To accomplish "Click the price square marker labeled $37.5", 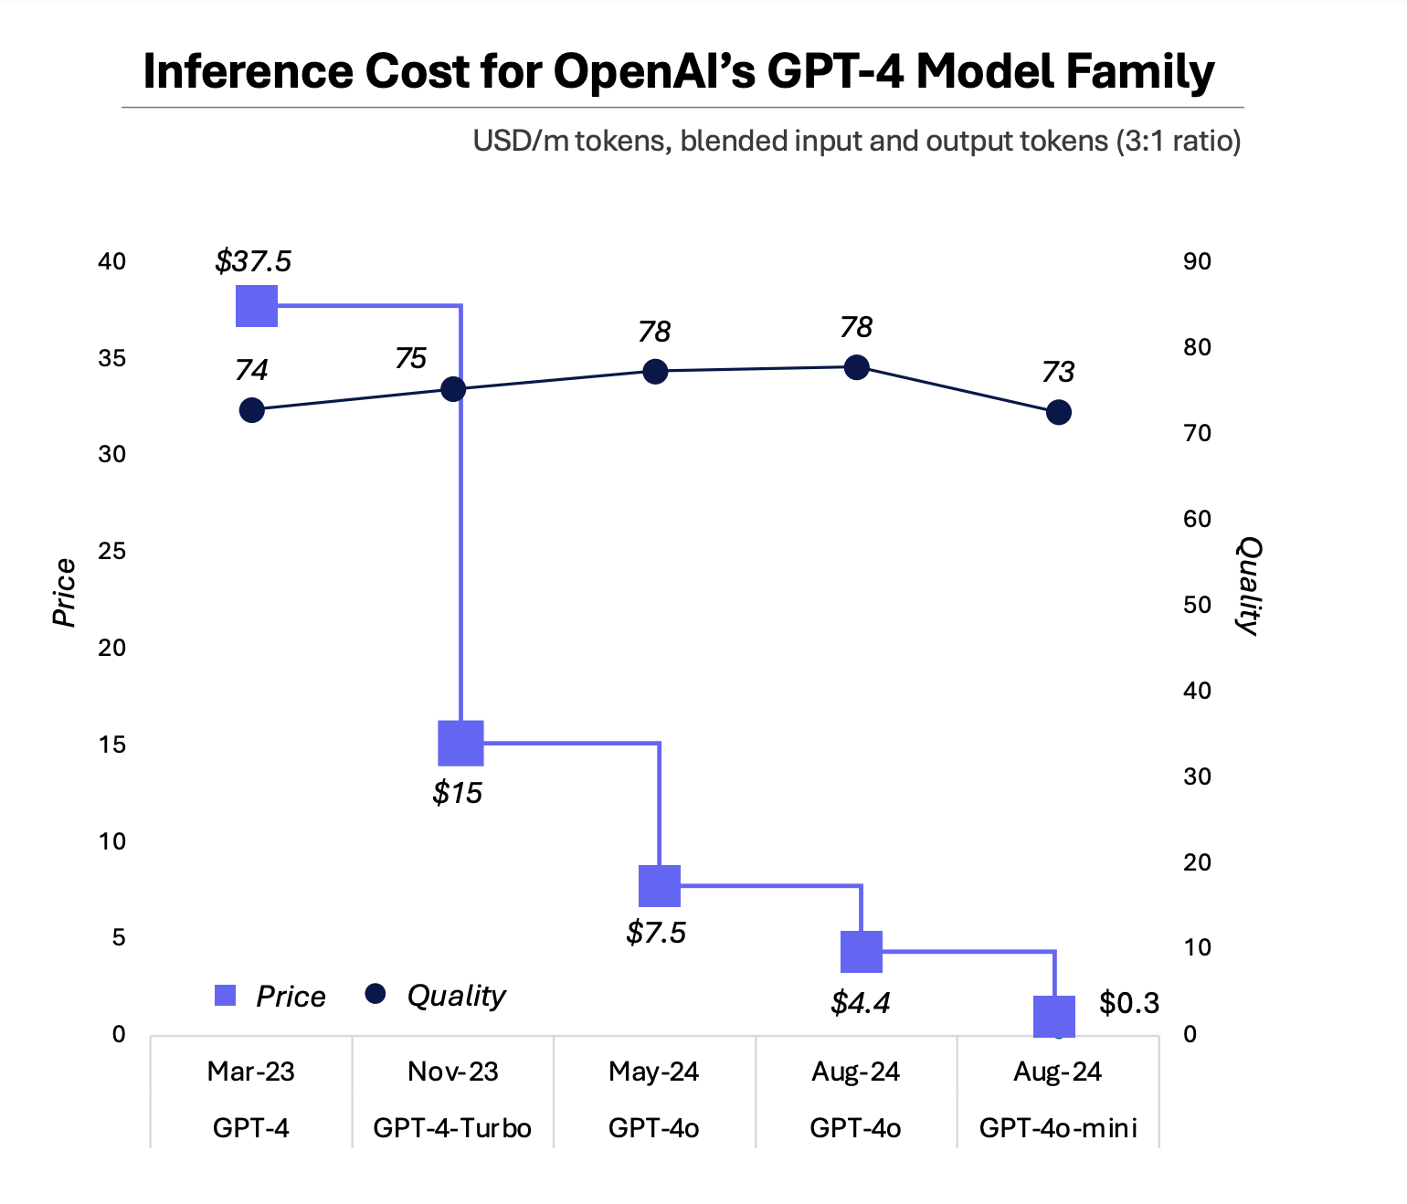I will tap(257, 305).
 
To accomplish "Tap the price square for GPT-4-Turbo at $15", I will tap(460, 743).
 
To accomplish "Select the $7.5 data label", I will tap(656, 933).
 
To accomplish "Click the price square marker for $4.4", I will tap(861, 952).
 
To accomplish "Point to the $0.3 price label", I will tap(1128, 1003).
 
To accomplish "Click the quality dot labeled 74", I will tap(252, 410).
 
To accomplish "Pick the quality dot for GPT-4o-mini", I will tap(1058, 412).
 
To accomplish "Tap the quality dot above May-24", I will tap(655, 371).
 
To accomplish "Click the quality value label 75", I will tap(410, 358).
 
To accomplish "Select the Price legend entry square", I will tap(225, 996).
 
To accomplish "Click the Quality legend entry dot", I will tap(375, 994).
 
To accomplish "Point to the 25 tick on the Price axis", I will tap(111, 551).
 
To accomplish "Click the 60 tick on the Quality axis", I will tap(1197, 519).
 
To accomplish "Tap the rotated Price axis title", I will tap(64, 592).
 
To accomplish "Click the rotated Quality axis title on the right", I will tap(1249, 586).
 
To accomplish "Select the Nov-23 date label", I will tap(453, 1072).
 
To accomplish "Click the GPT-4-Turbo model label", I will tap(452, 1128).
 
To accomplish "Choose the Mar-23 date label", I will tap(251, 1072).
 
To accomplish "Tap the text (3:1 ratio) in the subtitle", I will tap(1178, 141).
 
